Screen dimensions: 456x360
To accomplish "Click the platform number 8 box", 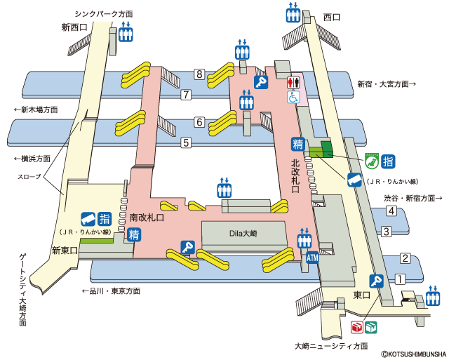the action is tap(199, 74).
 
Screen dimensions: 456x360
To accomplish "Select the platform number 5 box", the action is tap(186, 142).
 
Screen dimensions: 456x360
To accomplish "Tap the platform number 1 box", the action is tap(400, 279).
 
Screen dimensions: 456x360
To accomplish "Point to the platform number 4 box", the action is tap(391, 211).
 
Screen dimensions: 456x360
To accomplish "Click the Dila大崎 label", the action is tap(243, 233).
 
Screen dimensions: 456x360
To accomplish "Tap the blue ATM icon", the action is tap(312, 258).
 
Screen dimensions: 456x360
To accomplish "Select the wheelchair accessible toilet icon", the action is tap(293, 97).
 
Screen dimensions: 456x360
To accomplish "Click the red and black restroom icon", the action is tap(293, 82).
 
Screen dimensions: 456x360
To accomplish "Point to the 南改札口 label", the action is tap(147, 218).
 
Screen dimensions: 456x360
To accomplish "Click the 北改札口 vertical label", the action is tap(295, 176).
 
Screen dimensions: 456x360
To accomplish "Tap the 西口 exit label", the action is tap(332, 18).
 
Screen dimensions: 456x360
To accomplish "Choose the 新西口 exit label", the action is tap(74, 27).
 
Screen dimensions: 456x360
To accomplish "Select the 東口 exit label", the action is tap(362, 295).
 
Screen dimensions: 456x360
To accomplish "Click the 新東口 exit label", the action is tap(65, 251).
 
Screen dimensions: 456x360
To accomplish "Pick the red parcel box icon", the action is tap(357, 328).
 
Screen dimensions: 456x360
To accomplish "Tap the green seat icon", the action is tap(372, 161).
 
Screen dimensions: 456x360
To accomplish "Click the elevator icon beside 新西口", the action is tap(126, 32).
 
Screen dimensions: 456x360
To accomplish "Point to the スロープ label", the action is tap(29, 177).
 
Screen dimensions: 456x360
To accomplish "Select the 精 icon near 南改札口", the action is tap(134, 234).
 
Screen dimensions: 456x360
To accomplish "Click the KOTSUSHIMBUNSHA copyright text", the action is tap(414, 354).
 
